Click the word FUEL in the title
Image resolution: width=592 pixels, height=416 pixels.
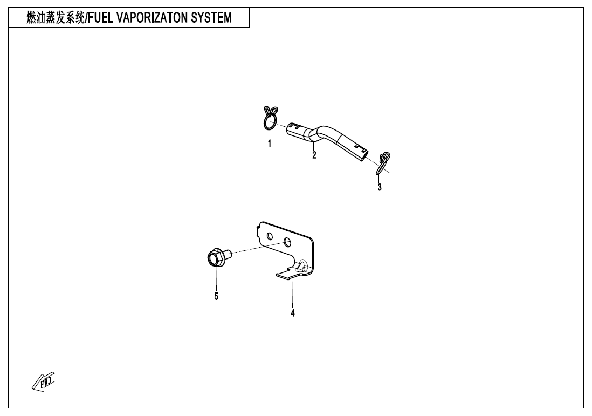click(100, 17)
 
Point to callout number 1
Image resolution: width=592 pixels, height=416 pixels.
click(269, 144)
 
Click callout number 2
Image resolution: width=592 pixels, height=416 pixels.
click(314, 154)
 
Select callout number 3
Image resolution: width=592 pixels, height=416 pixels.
click(380, 187)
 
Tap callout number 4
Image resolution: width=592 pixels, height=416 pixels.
click(293, 313)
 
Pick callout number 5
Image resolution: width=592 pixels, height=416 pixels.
click(216, 297)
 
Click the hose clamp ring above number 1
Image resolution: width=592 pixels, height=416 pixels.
click(270, 118)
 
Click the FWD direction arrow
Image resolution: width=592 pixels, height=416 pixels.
click(44, 381)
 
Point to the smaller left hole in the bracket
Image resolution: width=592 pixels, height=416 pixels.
click(270, 236)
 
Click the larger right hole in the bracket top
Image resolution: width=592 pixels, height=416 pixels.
click(287, 241)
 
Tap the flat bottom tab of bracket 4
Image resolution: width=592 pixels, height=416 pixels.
click(286, 275)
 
